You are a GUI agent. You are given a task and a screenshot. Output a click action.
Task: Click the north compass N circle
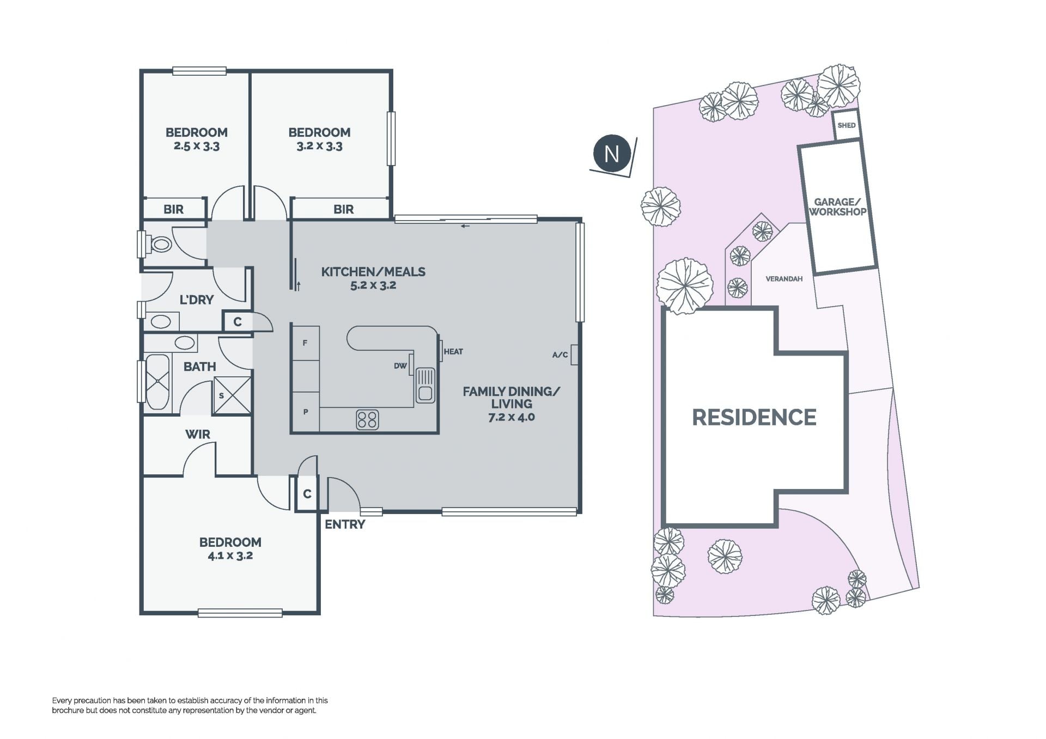coord(611,154)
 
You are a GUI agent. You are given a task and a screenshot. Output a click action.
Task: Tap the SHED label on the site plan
coord(846,125)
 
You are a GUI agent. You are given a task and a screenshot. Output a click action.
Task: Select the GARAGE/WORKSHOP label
coord(837,207)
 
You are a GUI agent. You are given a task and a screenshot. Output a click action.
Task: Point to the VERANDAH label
coord(784,279)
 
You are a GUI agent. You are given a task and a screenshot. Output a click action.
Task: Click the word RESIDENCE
coord(754,418)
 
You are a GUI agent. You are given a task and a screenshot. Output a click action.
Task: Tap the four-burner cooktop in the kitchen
coord(367,420)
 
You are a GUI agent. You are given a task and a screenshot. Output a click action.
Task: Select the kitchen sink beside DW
coord(425,386)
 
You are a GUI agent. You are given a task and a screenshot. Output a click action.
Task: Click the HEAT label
coord(453,352)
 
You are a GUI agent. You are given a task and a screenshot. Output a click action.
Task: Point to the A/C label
coord(560,355)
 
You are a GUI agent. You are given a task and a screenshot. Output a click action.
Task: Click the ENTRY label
coord(345,524)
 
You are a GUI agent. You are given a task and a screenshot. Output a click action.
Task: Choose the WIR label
coord(197,435)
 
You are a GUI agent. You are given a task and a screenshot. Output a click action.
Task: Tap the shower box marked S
coord(233,395)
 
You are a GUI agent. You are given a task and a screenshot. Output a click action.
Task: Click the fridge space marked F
coord(305,343)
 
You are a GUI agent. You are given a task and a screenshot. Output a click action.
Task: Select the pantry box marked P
coord(305,412)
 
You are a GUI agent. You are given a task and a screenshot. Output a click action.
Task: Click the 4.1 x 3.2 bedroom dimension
coord(230,556)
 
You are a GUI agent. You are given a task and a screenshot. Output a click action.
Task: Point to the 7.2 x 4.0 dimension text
coord(512,418)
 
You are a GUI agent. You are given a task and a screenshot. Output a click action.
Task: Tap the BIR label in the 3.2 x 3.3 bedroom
coord(343,209)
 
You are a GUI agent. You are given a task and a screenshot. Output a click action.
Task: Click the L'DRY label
coord(197,300)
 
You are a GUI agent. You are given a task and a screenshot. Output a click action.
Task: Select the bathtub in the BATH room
coord(157,382)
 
